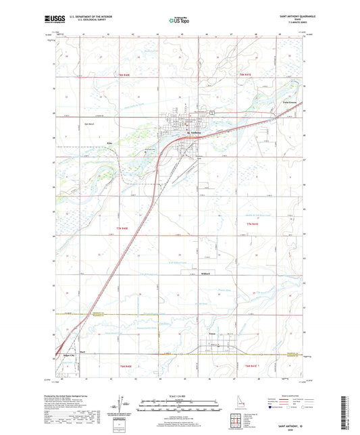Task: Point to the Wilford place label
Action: (207, 274)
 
